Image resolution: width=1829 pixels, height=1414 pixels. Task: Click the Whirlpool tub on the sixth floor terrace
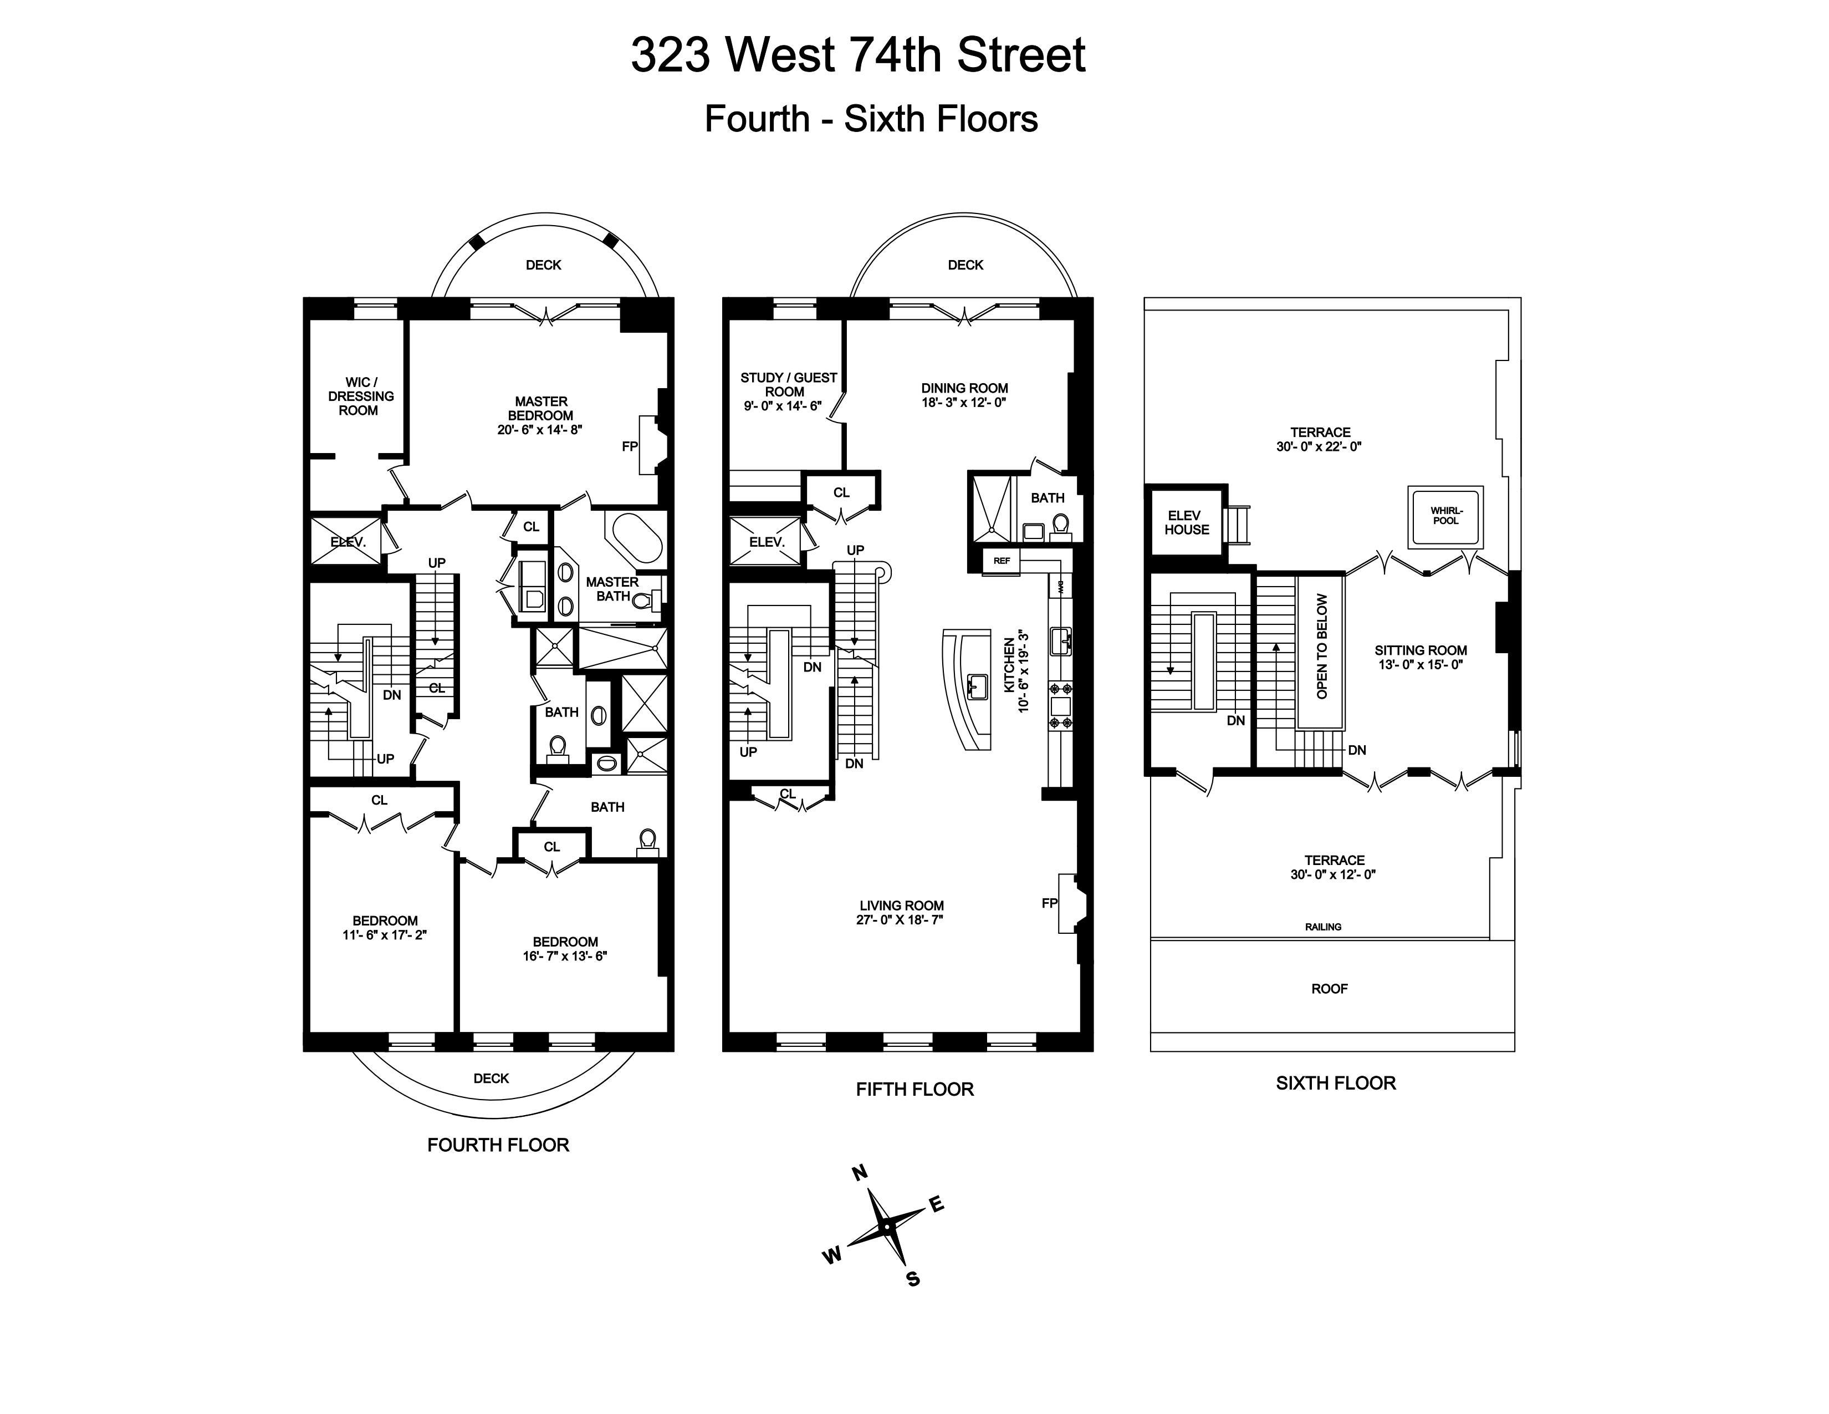[x=1444, y=517]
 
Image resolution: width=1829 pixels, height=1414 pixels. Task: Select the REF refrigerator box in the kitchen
[x=1002, y=561]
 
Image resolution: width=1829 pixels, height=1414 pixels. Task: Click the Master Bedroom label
[x=541, y=408]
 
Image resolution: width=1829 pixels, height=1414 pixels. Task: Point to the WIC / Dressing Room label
[x=360, y=396]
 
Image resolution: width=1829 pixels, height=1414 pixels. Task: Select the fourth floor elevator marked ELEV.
[x=348, y=542]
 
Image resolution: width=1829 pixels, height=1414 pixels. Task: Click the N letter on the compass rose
[x=859, y=1173]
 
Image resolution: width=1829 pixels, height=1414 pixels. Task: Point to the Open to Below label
[x=1321, y=646]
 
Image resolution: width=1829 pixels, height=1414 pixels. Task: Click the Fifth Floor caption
[x=914, y=1089]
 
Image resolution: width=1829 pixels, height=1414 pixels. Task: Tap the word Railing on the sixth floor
[x=1323, y=927]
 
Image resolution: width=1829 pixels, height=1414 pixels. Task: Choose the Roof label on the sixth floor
[x=1329, y=989]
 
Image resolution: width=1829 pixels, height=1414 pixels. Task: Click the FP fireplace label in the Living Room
[x=1049, y=903]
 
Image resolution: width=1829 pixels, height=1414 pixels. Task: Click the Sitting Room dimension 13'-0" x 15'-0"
[x=1421, y=665]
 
